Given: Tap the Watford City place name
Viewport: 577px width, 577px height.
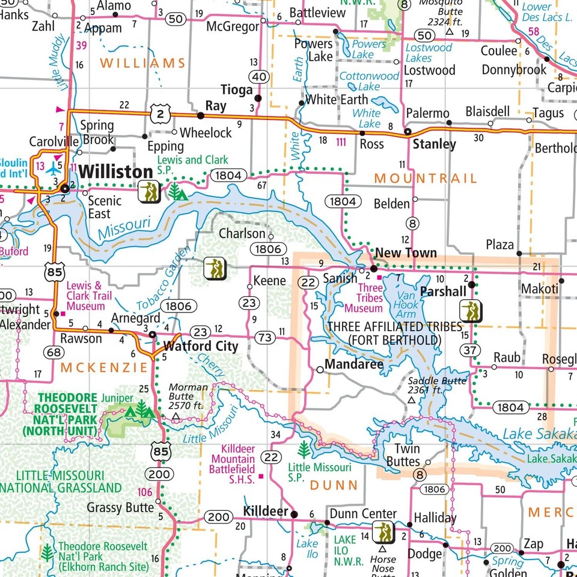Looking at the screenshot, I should click(201, 346).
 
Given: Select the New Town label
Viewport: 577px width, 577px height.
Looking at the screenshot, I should click(406, 252).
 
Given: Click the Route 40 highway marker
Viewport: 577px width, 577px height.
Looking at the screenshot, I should click(260, 76).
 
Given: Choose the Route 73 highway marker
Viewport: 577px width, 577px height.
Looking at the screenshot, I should click(264, 337).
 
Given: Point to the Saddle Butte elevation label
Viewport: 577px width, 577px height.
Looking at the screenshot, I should click(433, 385).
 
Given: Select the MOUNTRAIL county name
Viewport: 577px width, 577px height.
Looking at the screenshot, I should click(426, 179).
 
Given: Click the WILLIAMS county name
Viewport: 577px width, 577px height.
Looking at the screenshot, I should click(142, 63).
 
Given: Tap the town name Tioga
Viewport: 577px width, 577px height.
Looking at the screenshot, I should click(237, 90).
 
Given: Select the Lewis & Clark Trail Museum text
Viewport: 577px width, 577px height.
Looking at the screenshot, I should click(89, 296).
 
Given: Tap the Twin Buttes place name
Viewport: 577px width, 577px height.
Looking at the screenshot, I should click(407, 455).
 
